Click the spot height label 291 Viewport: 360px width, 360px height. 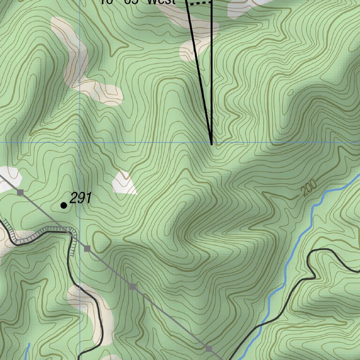[x=80, y=198]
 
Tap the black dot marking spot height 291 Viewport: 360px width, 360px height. [x=64, y=205]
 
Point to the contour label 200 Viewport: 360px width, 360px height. [x=309, y=187]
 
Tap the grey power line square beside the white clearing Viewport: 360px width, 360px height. [x=20, y=192]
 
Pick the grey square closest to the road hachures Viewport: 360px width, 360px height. [x=87, y=248]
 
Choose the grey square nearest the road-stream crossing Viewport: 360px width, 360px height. [x=209, y=349]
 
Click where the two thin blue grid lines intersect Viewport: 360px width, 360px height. [x=80, y=142]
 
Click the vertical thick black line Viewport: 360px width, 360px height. [x=212, y=70]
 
